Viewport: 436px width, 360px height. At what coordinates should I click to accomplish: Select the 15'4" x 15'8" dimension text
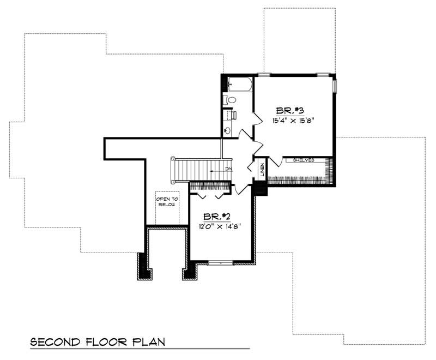pyautogui.click(x=294, y=121)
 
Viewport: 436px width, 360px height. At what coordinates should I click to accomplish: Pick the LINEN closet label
pyautogui.click(x=262, y=170)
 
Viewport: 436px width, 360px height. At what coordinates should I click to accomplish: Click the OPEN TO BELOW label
pyautogui.click(x=167, y=202)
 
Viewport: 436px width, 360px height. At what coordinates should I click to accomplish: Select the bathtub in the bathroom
pyautogui.click(x=239, y=85)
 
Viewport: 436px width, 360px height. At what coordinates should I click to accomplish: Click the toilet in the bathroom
pyautogui.click(x=231, y=100)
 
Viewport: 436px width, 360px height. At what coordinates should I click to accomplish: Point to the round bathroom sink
pyautogui.click(x=227, y=130)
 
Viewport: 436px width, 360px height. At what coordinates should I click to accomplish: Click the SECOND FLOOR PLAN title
pyautogui.click(x=98, y=342)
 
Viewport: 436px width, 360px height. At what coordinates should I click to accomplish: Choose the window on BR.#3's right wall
pyautogui.click(x=335, y=86)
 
